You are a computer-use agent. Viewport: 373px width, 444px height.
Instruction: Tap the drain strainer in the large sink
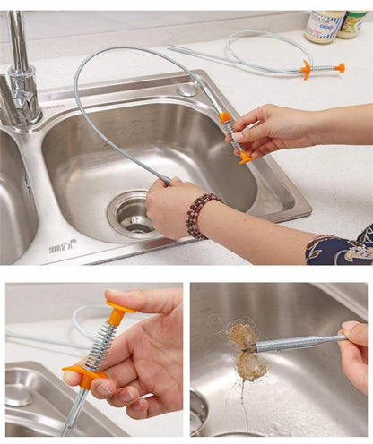tap(132, 214)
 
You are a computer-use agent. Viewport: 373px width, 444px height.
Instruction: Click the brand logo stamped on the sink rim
tap(62, 245)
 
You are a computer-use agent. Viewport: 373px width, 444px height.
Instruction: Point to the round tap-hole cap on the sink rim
tap(186, 90)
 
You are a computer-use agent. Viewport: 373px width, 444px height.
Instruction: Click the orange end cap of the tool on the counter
tap(340, 67)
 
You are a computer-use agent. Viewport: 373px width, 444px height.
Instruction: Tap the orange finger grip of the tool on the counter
tap(307, 68)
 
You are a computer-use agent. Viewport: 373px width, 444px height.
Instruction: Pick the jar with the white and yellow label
tap(324, 25)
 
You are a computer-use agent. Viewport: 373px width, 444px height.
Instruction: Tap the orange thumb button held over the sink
tap(245, 158)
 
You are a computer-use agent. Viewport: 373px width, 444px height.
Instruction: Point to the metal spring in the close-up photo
tap(98, 346)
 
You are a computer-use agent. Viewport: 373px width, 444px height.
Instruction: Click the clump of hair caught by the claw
tap(242, 349)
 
